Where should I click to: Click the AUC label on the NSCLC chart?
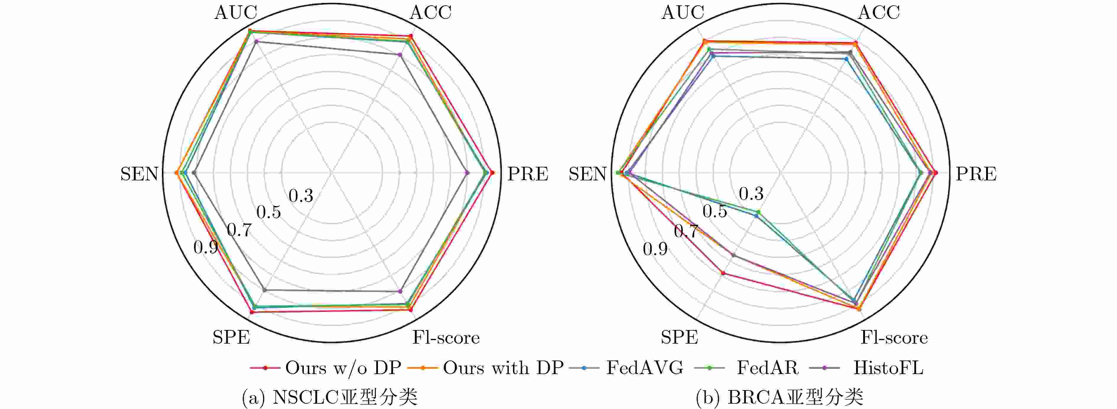[236, 13]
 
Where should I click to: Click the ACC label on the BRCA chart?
[879, 13]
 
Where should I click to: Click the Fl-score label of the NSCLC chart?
[446, 337]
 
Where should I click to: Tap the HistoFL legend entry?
[888, 368]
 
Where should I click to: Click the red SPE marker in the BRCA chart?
[723, 273]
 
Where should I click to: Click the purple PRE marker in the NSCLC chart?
[467, 173]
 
